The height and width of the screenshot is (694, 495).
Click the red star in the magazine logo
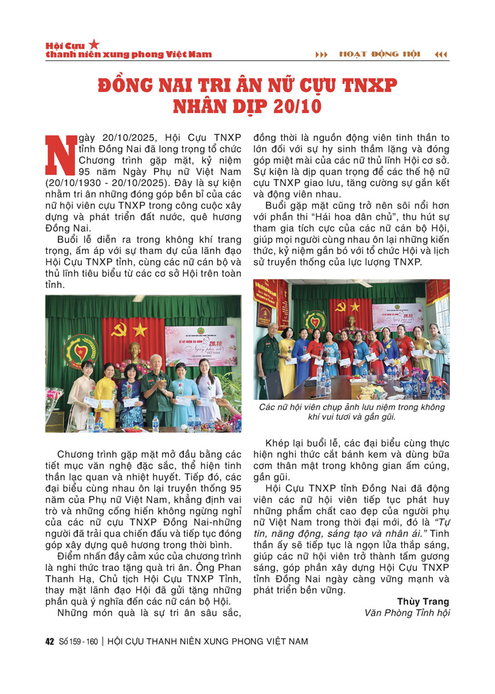pyautogui.click(x=94, y=44)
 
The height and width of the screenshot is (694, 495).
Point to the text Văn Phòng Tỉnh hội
pyautogui.click(x=407, y=613)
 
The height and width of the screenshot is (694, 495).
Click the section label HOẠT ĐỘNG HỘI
pyautogui.click(x=380, y=55)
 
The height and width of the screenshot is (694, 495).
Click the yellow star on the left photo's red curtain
pyautogui.click(x=139, y=329)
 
